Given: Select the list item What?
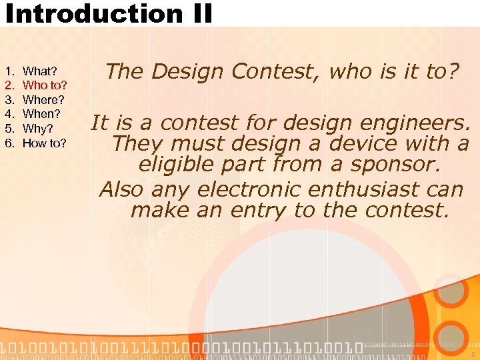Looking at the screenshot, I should tap(40, 71).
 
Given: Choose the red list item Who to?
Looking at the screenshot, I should tap(45, 85).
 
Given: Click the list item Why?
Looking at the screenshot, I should tap(38, 129).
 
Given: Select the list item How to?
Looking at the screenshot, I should tap(45, 143).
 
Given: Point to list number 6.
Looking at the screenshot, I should tap(9, 143).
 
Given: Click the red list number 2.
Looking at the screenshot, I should tap(9, 85).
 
